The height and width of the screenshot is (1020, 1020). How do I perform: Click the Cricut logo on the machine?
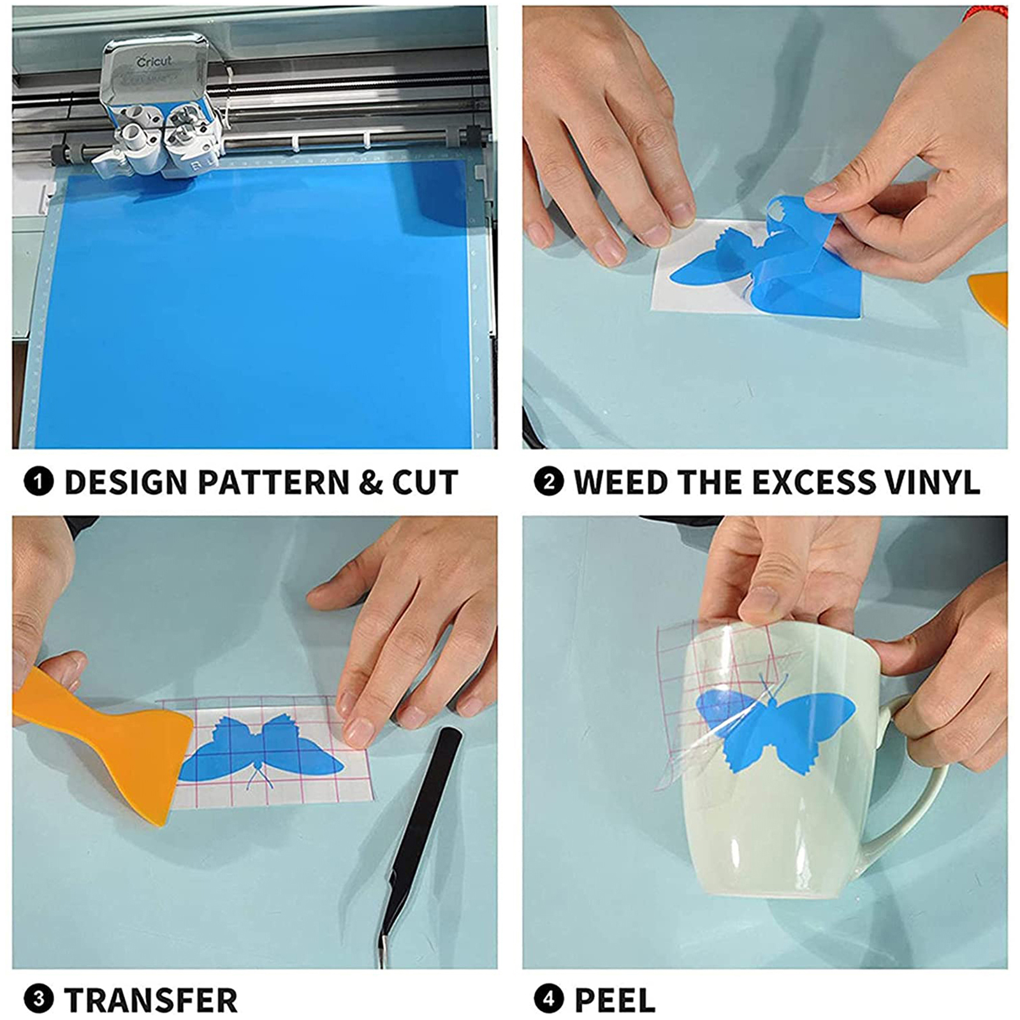[x=154, y=62]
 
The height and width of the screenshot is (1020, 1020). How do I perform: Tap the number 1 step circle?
[x=38, y=482]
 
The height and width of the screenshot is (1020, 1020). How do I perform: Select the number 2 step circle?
[x=549, y=482]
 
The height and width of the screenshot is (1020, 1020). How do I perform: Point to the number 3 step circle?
[x=38, y=998]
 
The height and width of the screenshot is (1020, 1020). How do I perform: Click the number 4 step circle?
[x=549, y=998]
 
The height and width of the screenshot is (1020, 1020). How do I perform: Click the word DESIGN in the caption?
[x=126, y=483]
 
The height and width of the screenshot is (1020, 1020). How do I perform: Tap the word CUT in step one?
[x=425, y=483]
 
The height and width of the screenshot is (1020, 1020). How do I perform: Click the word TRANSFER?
[x=151, y=1000]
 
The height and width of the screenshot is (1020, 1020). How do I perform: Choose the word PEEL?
[x=615, y=1000]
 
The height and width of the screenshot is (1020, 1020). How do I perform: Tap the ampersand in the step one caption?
[x=370, y=483]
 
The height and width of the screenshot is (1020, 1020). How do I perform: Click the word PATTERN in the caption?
[x=273, y=483]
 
